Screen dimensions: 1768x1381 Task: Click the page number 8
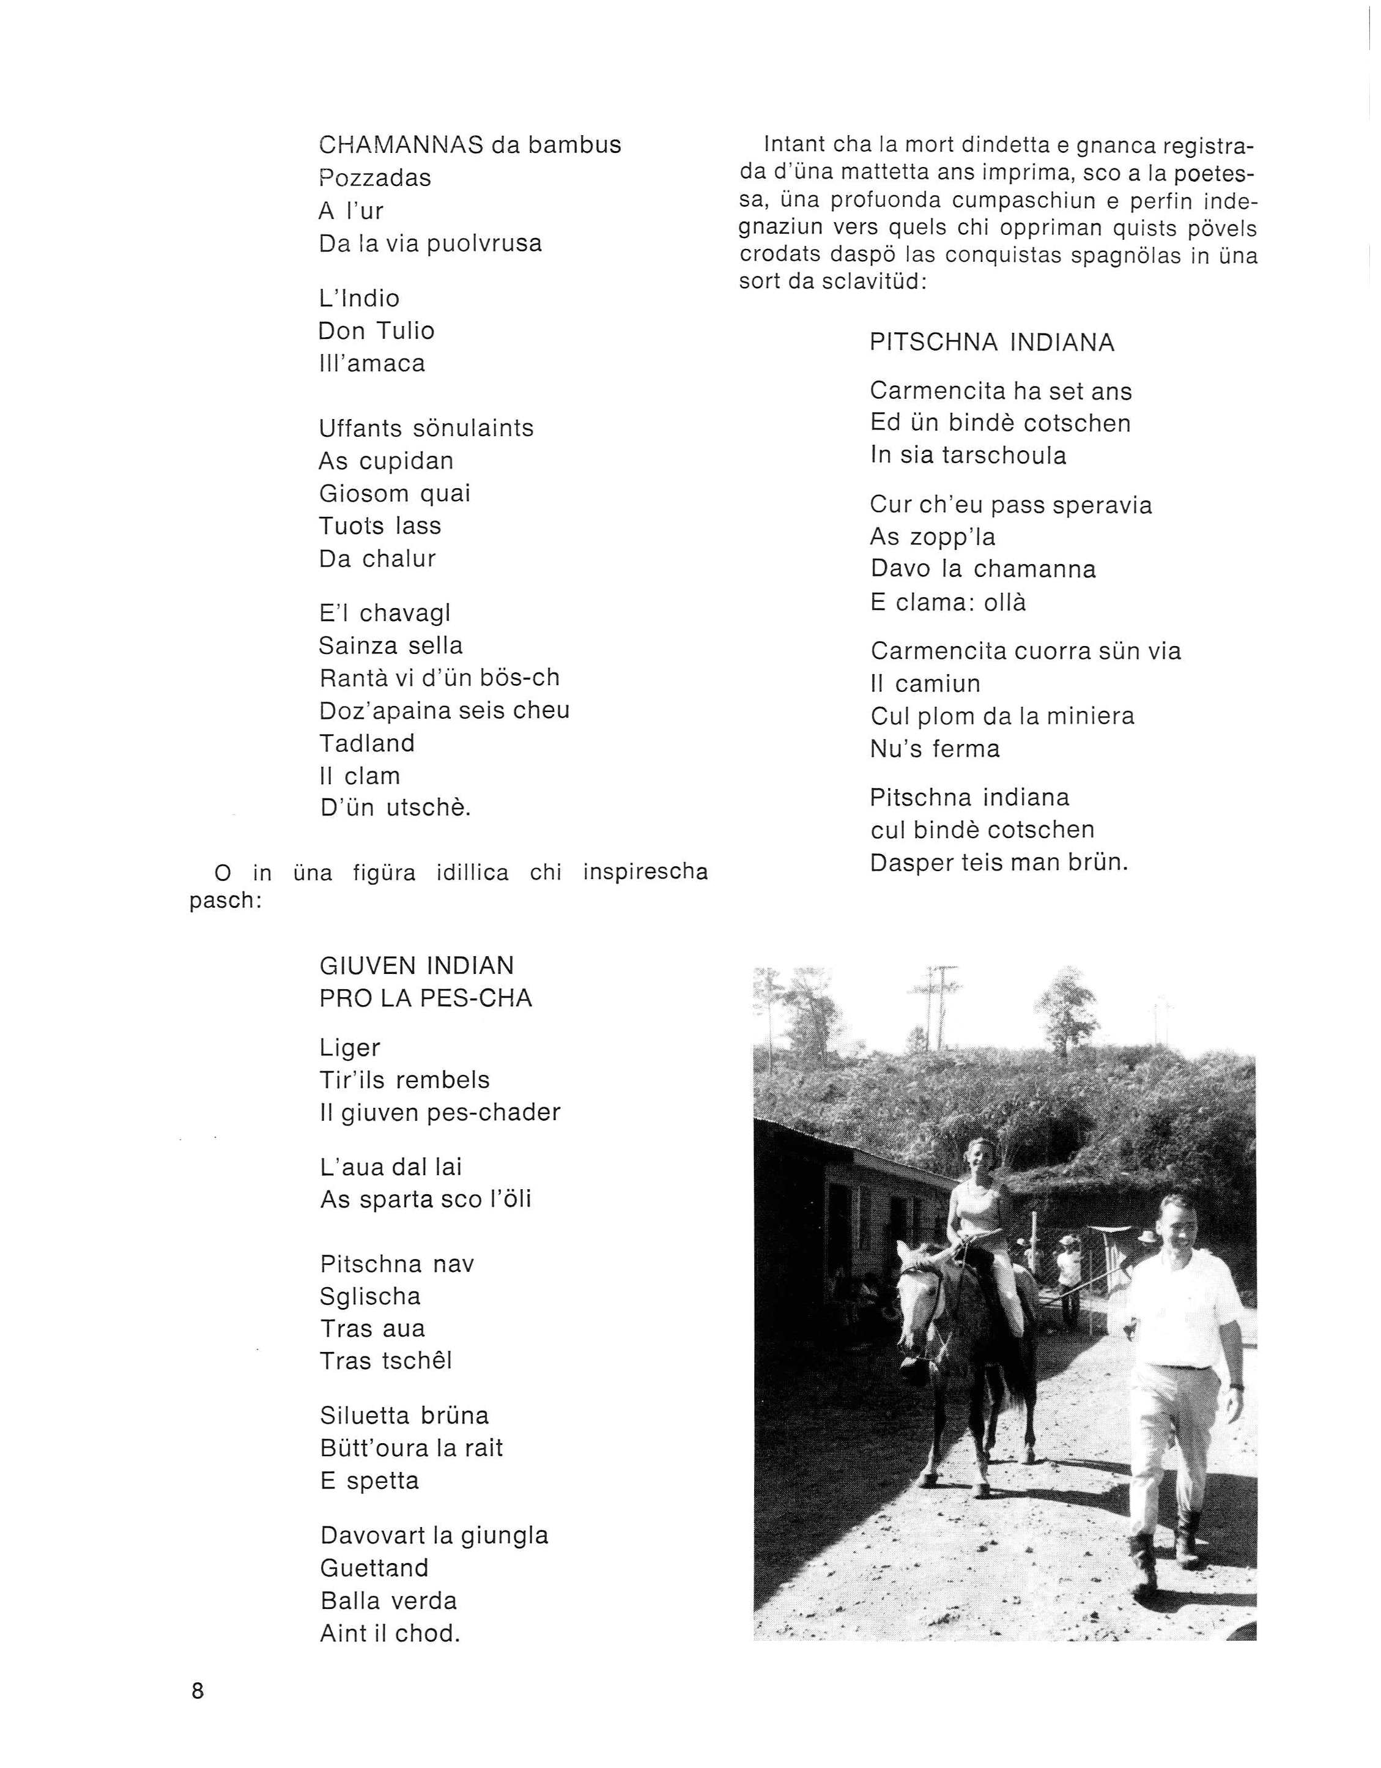click(198, 1692)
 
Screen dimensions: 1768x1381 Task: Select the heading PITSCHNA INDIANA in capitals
click(991, 343)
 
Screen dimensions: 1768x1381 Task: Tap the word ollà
click(1005, 603)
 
